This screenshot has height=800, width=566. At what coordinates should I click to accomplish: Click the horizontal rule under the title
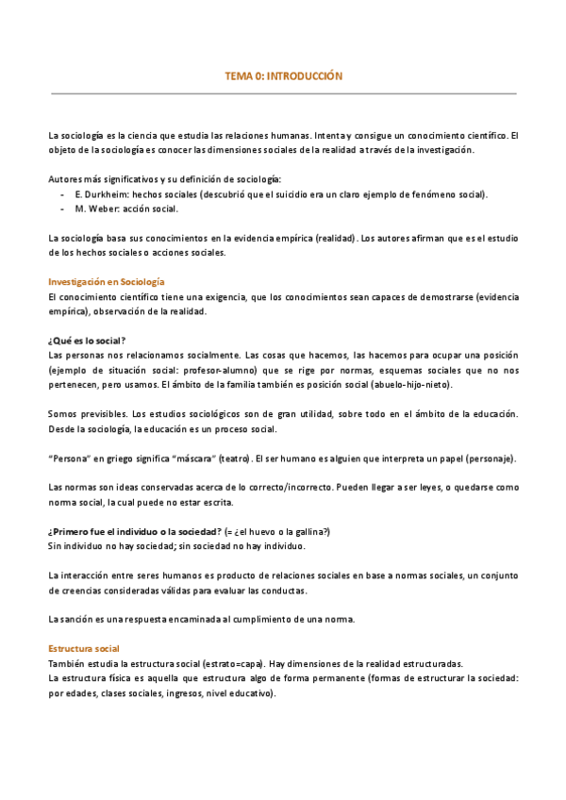tap(283, 94)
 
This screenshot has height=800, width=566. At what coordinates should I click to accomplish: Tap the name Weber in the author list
tap(101, 209)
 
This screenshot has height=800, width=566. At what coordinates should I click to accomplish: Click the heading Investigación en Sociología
tap(107, 282)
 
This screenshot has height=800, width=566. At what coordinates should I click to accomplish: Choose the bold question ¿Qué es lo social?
tap(88, 340)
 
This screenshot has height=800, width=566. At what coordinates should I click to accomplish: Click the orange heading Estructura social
tap(84, 649)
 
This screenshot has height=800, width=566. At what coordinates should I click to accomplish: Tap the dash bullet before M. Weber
tap(61, 209)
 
